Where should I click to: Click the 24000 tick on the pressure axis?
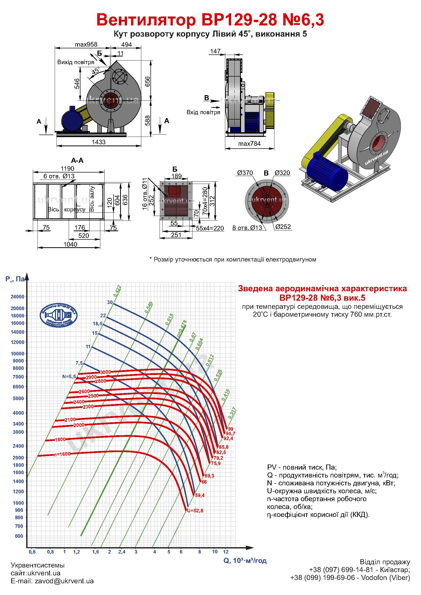tap(17, 297)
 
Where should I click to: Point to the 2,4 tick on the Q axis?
tap(122, 552)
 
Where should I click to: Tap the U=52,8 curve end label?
tap(195, 511)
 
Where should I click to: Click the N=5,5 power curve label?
tap(69, 377)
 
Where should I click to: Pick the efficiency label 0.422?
tap(117, 291)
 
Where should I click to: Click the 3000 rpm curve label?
tap(106, 372)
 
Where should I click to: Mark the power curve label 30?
tap(110, 302)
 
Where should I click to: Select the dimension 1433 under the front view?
tap(99, 142)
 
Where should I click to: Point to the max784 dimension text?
tap(249, 143)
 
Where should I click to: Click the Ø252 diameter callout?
tap(283, 227)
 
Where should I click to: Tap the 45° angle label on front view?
tap(96, 70)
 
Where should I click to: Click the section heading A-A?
tap(77, 161)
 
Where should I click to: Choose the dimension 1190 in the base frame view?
tap(67, 168)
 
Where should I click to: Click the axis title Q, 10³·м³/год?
tap(245, 561)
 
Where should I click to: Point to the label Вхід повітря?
tap(203, 112)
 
